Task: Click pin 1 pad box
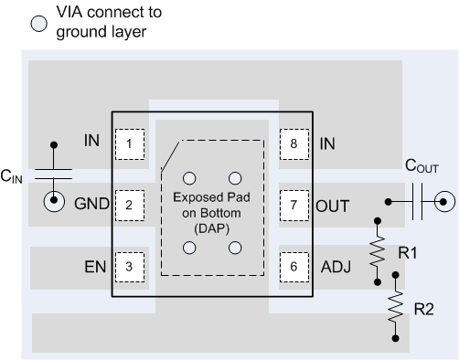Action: pyautogui.click(x=130, y=143)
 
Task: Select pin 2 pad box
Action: pyautogui.click(x=130, y=205)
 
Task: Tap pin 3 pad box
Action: pyautogui.click(x=130, y=267)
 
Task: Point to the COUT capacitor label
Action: pyautogui.click(x=422, y=167)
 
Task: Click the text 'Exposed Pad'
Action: pyautogui.click(x=211, y=197)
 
